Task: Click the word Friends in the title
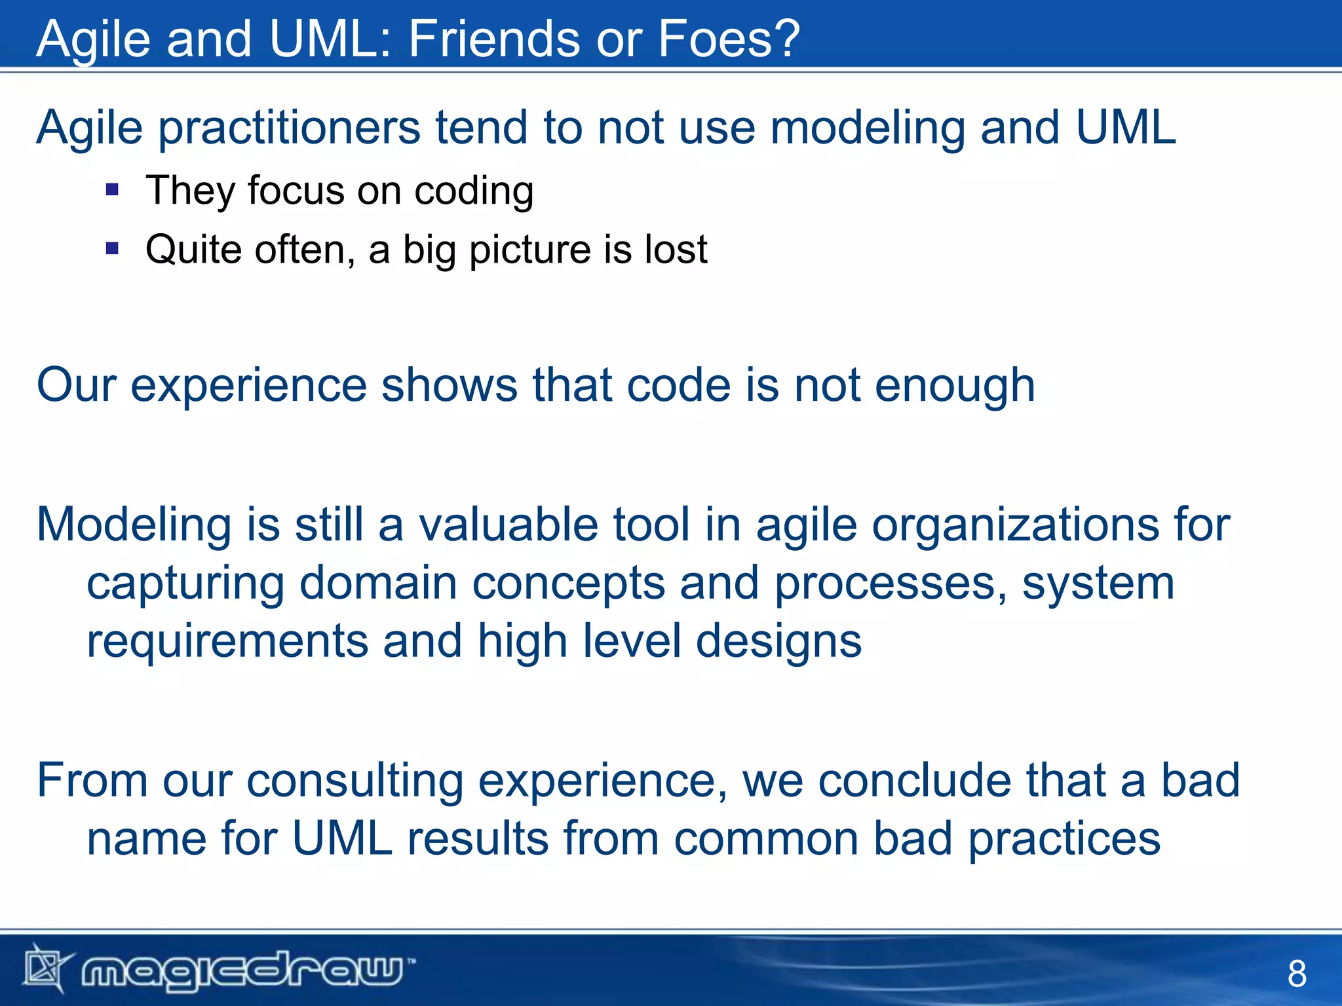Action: tap(495, 39)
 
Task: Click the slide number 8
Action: tap(1296, 973)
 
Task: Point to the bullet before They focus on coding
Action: tap(112, 191)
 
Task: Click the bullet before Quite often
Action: tap(112, 249)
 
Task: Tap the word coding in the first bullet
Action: tap(474, 192)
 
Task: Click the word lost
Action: tap(676, 250)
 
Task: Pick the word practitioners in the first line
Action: tap(289, 128)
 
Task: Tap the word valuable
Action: tap(508, 525)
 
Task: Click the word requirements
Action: tap(227, 642)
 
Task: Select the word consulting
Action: tap(355, 782)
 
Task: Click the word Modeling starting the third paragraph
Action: tap(134, 527)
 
